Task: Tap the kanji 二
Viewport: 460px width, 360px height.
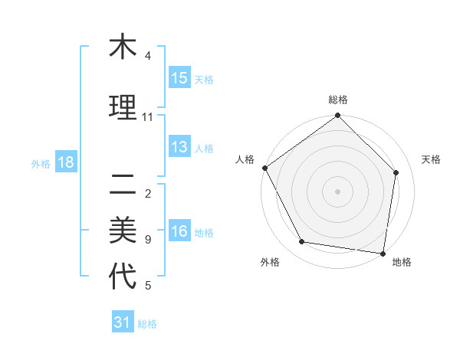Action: point(123,183)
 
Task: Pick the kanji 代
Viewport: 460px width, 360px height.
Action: point(123,277)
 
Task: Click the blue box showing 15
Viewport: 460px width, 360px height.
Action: point(179,78)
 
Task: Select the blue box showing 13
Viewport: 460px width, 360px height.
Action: point(179,148)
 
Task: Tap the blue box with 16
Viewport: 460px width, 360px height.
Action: point(179,232)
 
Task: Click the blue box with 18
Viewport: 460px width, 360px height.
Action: point(65,162)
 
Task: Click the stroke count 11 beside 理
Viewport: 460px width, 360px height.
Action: point(148,117)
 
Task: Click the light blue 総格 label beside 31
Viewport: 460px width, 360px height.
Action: point(147,324)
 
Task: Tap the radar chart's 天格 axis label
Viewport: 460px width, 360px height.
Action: point(432,159)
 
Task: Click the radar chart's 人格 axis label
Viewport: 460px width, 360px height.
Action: point(245,159)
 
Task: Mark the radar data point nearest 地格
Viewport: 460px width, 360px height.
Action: point(383,253)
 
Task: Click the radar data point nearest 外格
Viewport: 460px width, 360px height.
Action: point(302,242)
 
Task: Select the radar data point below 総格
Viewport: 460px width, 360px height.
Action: point(337,116)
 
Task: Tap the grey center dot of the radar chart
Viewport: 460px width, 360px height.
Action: point(337,191)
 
